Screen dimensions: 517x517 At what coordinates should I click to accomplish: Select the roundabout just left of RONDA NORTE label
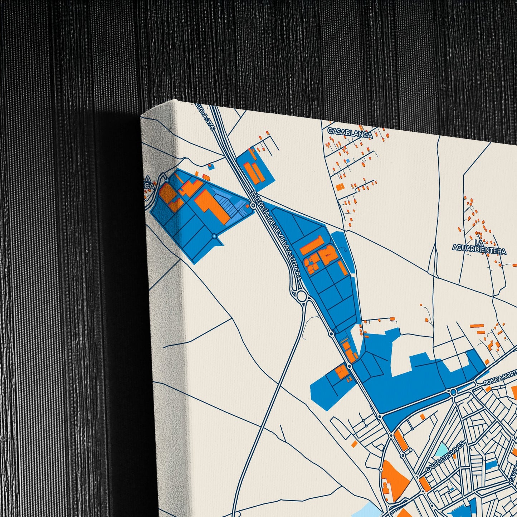[453, 392]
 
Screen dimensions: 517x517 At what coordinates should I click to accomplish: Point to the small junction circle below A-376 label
[253, 205]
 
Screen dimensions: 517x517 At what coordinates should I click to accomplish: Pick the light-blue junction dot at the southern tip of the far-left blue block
[214, 236]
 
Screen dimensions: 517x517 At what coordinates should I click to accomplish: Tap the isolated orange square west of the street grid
[354, 444]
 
